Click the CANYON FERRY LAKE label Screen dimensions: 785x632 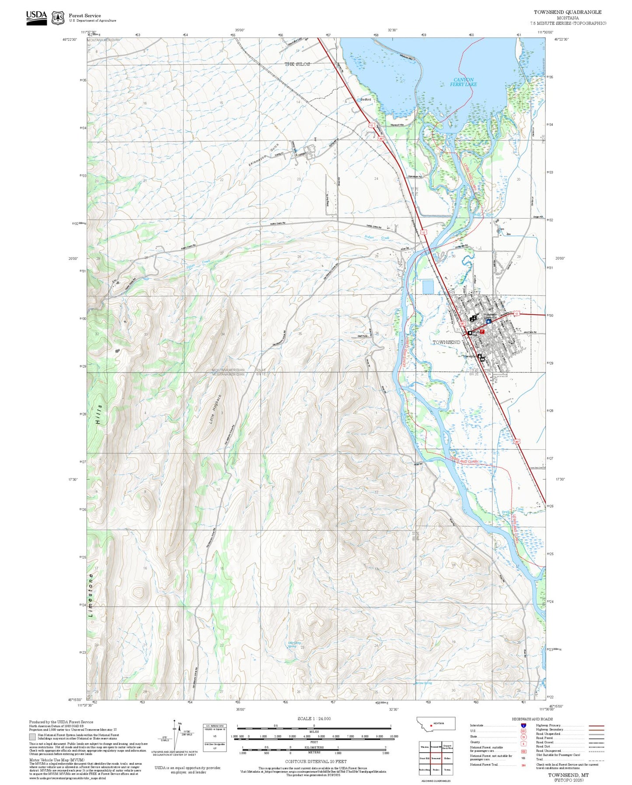pos(463,82)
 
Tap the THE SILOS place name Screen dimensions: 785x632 pos(297,64)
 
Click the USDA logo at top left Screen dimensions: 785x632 pos(36,17)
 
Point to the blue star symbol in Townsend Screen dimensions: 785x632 pos(489,321)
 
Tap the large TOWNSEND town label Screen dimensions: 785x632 pos(446,342)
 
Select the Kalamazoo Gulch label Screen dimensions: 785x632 pos(264,155)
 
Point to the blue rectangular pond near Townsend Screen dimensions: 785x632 pos(428,287)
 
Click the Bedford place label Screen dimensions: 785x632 pos(365,100)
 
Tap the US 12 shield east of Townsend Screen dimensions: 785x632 pos(516,314)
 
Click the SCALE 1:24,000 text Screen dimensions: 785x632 pos(314,718)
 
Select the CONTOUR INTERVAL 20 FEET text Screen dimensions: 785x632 pos(315,762)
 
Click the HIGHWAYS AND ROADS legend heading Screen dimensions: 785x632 pos(532,719)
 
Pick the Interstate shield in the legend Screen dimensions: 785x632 pos(523,725)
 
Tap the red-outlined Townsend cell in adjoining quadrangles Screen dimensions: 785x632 pos(436,758)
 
